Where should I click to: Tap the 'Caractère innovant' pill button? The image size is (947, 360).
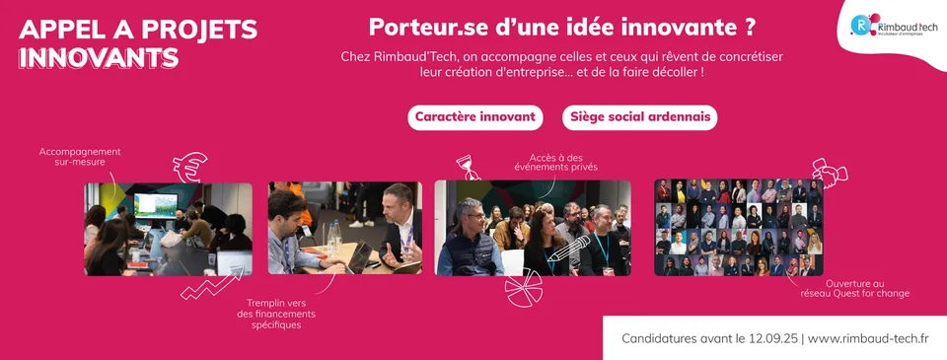pos(475,117)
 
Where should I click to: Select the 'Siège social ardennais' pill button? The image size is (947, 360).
pos(639,117)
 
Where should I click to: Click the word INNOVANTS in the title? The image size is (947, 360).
pos(99,57)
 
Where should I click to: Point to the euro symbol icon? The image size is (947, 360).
pos(189,167)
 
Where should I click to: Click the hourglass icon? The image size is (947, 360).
pos(467,167)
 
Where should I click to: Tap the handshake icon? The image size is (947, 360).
pos(830,173)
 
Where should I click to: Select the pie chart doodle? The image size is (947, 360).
pos(523,287)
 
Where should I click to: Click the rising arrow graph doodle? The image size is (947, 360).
pos(213,283)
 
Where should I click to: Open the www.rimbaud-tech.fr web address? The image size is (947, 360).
pos(868,338)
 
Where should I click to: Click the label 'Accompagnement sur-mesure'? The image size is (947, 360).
pos(80,157)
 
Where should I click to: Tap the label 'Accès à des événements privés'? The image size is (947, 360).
pos(555,162)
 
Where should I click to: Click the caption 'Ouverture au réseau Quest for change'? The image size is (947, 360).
pos(854,288)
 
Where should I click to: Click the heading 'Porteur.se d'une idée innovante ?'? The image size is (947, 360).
pos(562,27)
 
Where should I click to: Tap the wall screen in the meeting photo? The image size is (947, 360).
pos(155,205)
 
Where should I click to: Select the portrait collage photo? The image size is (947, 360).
pos(739,227)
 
